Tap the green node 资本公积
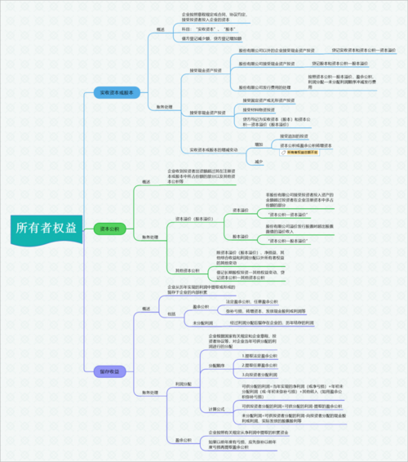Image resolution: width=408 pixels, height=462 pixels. pyautogui.click(x=107, y=229)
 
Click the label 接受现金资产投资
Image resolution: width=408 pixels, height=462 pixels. pyautogui.click(x=206, y=71)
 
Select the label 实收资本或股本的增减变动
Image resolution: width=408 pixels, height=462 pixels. pyautogui.click(x=214, y=150)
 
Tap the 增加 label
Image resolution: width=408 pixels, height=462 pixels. pyautogui.click(x=259, y=144)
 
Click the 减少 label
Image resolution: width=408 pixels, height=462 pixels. pyautogui.click(x=259, y=162)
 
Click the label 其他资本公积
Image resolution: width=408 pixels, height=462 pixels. pyautogui.click(x=185, y=269)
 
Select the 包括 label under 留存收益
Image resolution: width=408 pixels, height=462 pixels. pyautogui.click(x=171, y=313)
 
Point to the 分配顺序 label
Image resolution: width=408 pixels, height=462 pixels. pyautogui.click(x=216, y=364)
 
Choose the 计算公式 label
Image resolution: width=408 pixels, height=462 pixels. pyautogui.click(x=216, y=408)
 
